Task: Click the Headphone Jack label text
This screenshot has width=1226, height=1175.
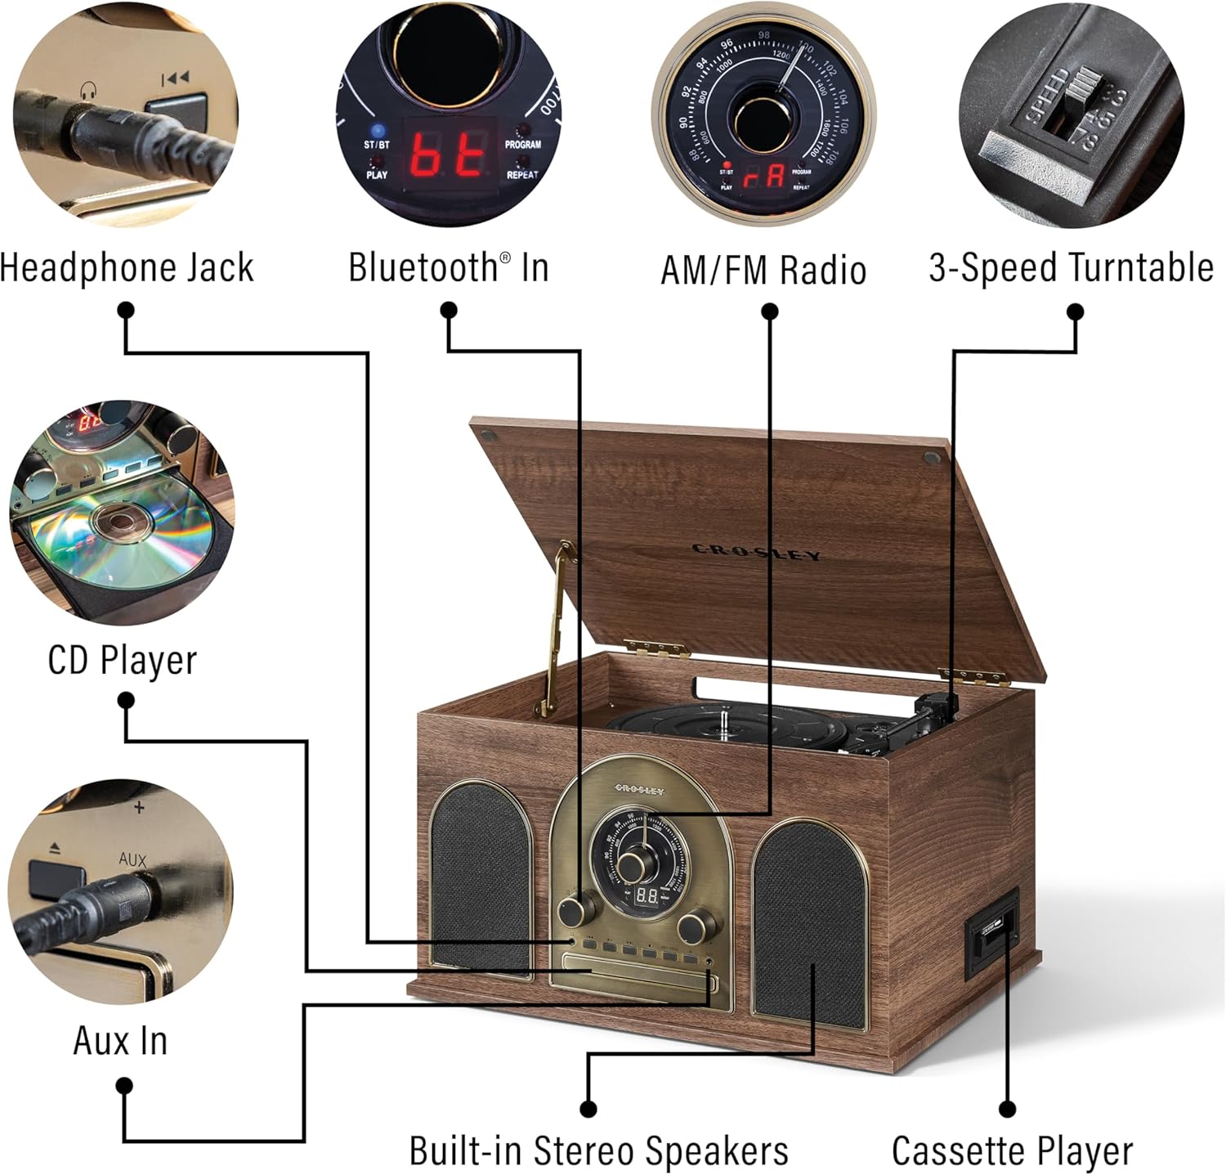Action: [x=128, y=268]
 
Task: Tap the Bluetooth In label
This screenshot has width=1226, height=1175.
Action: [x=448, y=268]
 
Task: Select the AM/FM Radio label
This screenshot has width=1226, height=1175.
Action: [x=763, y=270]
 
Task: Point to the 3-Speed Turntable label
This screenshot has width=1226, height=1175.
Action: [x=1071, y=268]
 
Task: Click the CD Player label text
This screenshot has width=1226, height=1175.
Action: [x=123, y=660]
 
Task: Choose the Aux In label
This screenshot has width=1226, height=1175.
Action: [x=120, y=1041]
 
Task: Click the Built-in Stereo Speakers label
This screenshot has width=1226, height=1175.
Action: [x=598, y=1150]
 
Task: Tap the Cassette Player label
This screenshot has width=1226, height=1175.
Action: [x=1012, y=1150]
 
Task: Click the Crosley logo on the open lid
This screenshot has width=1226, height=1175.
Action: [x=756, y=553]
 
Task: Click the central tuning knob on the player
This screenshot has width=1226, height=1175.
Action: [x=630, y=865]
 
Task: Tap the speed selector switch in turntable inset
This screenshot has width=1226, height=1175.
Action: [x=1079, y=107]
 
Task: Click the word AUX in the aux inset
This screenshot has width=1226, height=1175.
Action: [x=132, y=859]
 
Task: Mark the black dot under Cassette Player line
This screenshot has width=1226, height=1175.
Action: [x=1008, y=1109]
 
